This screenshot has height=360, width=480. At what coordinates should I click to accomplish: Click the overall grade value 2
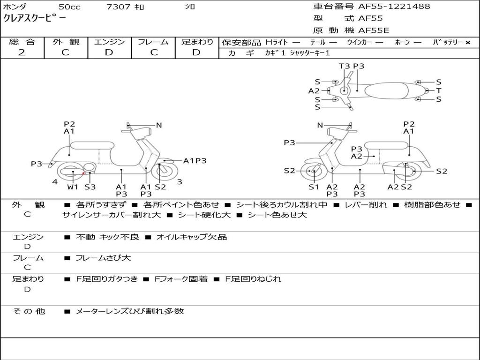tap(22, 52)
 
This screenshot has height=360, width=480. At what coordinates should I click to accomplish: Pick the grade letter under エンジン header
tap(109, 52)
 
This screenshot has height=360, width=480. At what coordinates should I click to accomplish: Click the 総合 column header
tap(22, 42)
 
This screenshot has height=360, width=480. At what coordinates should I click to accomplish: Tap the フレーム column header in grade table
tap(153, 42)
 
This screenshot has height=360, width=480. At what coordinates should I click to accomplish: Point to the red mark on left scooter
tap(83, 173)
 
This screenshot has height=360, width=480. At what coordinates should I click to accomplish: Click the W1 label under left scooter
tap(73, 187)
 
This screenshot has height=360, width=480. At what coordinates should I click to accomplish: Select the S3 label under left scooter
tap(90, 187)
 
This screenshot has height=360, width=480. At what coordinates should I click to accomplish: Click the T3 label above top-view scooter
tap(345, 66)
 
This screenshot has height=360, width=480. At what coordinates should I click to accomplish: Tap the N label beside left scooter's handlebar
tap(159, 125)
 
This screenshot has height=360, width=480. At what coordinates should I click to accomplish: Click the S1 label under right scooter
tap(314, 187)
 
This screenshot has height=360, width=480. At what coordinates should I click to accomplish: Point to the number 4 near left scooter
tap(55, 182)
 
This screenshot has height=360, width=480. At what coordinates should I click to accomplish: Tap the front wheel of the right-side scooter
tap(314, 172)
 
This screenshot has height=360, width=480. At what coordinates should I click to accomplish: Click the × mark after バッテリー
tap(467, 43)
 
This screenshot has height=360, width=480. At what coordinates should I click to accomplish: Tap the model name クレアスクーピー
tap(35, 18)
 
